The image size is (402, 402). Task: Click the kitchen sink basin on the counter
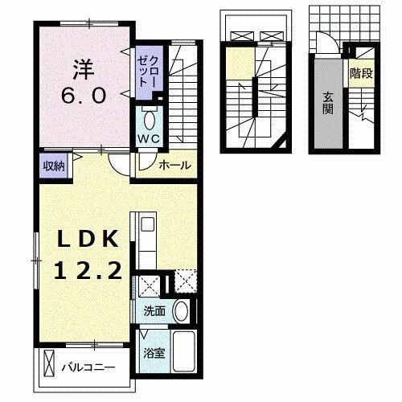pos(146,227)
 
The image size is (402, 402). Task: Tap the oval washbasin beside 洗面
pos(181,311)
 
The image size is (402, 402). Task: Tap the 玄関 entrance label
pos(328,103)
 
